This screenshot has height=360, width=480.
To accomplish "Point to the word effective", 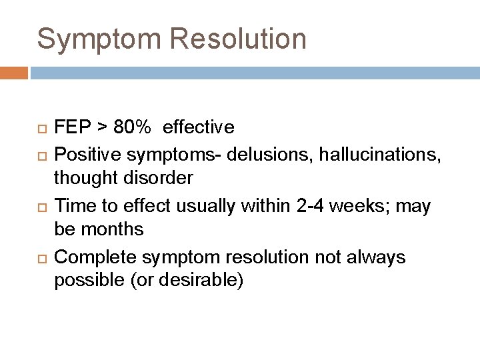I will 198,127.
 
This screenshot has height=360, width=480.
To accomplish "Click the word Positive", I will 93,153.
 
